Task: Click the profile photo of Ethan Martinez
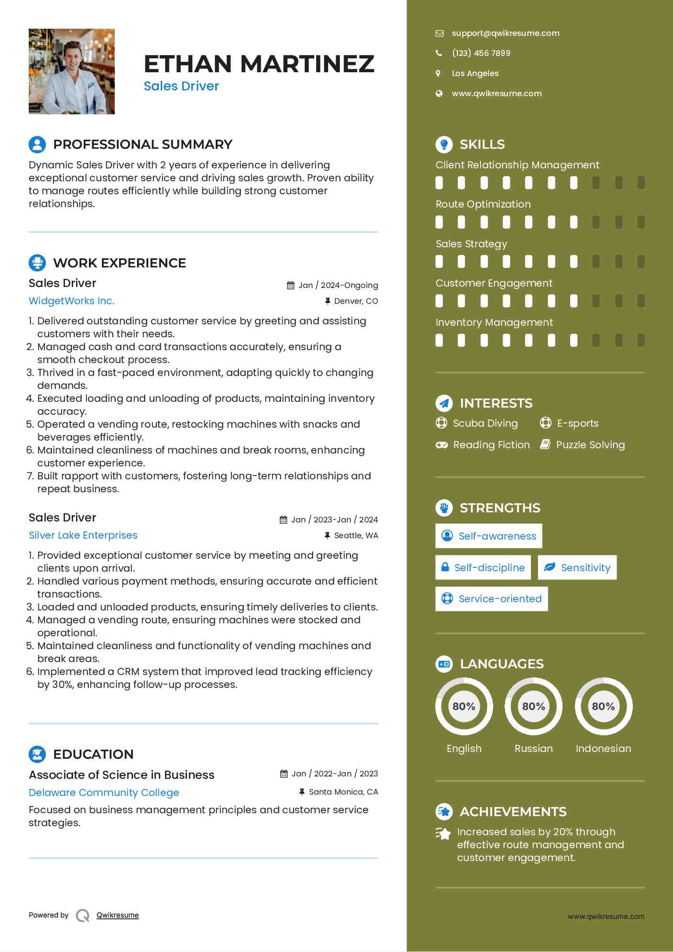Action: pos(72,71)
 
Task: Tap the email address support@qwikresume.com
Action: pos(505,33)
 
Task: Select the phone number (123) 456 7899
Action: pos(481,53)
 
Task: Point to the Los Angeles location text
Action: pos(475,73)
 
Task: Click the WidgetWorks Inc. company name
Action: pos(72,301)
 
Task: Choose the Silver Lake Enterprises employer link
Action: pos(83,535)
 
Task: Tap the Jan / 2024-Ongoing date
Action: pos(338,285)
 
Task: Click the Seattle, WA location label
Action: pos(356,535)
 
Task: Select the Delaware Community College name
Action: pos(104,792)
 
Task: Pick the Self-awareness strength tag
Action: pos(488,536)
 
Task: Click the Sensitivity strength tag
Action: pos(577,567)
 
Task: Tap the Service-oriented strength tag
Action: pos(491,598)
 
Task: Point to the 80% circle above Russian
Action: pos(533,706)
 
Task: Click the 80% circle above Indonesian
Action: pos(603,706)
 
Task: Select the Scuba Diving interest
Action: pos(485,423)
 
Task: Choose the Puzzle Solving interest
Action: pos(590,445)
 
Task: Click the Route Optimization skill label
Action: pos(483,204)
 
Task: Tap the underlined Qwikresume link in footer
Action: pos(118,915)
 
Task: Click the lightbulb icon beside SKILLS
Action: pos(444,144)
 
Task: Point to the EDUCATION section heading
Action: pos(93,754)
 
